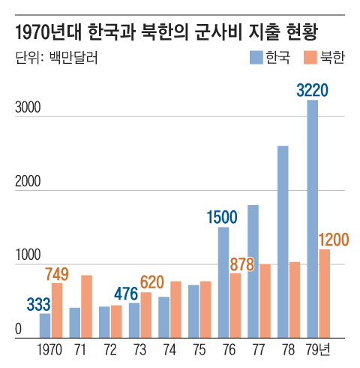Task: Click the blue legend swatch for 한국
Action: pyautogui.click(x=256, y=58)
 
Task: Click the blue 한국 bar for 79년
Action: pyautogui.click(x=313, y=219)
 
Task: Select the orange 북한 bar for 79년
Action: pyautogui.click(x=325, y=294)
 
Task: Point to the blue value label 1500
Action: pyautogui.click(x=222, y=218)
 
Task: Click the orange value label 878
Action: pyautogui.click(x=243, y=264)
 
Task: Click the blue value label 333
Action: pyautogui.click(x=38, y=304)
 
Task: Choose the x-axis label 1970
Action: pyautogui.click(x=50, y=350)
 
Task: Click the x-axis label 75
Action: pyautogui.click(x=199, y=350)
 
